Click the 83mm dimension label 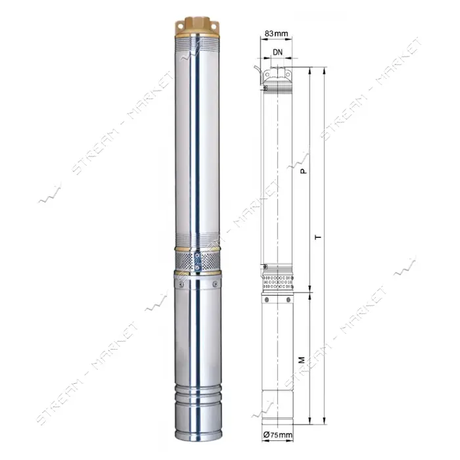click(x=276, y=34)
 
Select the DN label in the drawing click(x=277, y=52)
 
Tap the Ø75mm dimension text click(x=278, y=434)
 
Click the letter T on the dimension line click(x=318, y=237)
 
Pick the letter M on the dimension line click(x=302, y=359)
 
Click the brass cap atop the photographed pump click(x=197, y=28)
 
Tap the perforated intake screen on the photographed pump click(x=197, y=260)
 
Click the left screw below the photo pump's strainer click(x=181, y=284)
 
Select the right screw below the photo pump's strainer click(x=215, y=284)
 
